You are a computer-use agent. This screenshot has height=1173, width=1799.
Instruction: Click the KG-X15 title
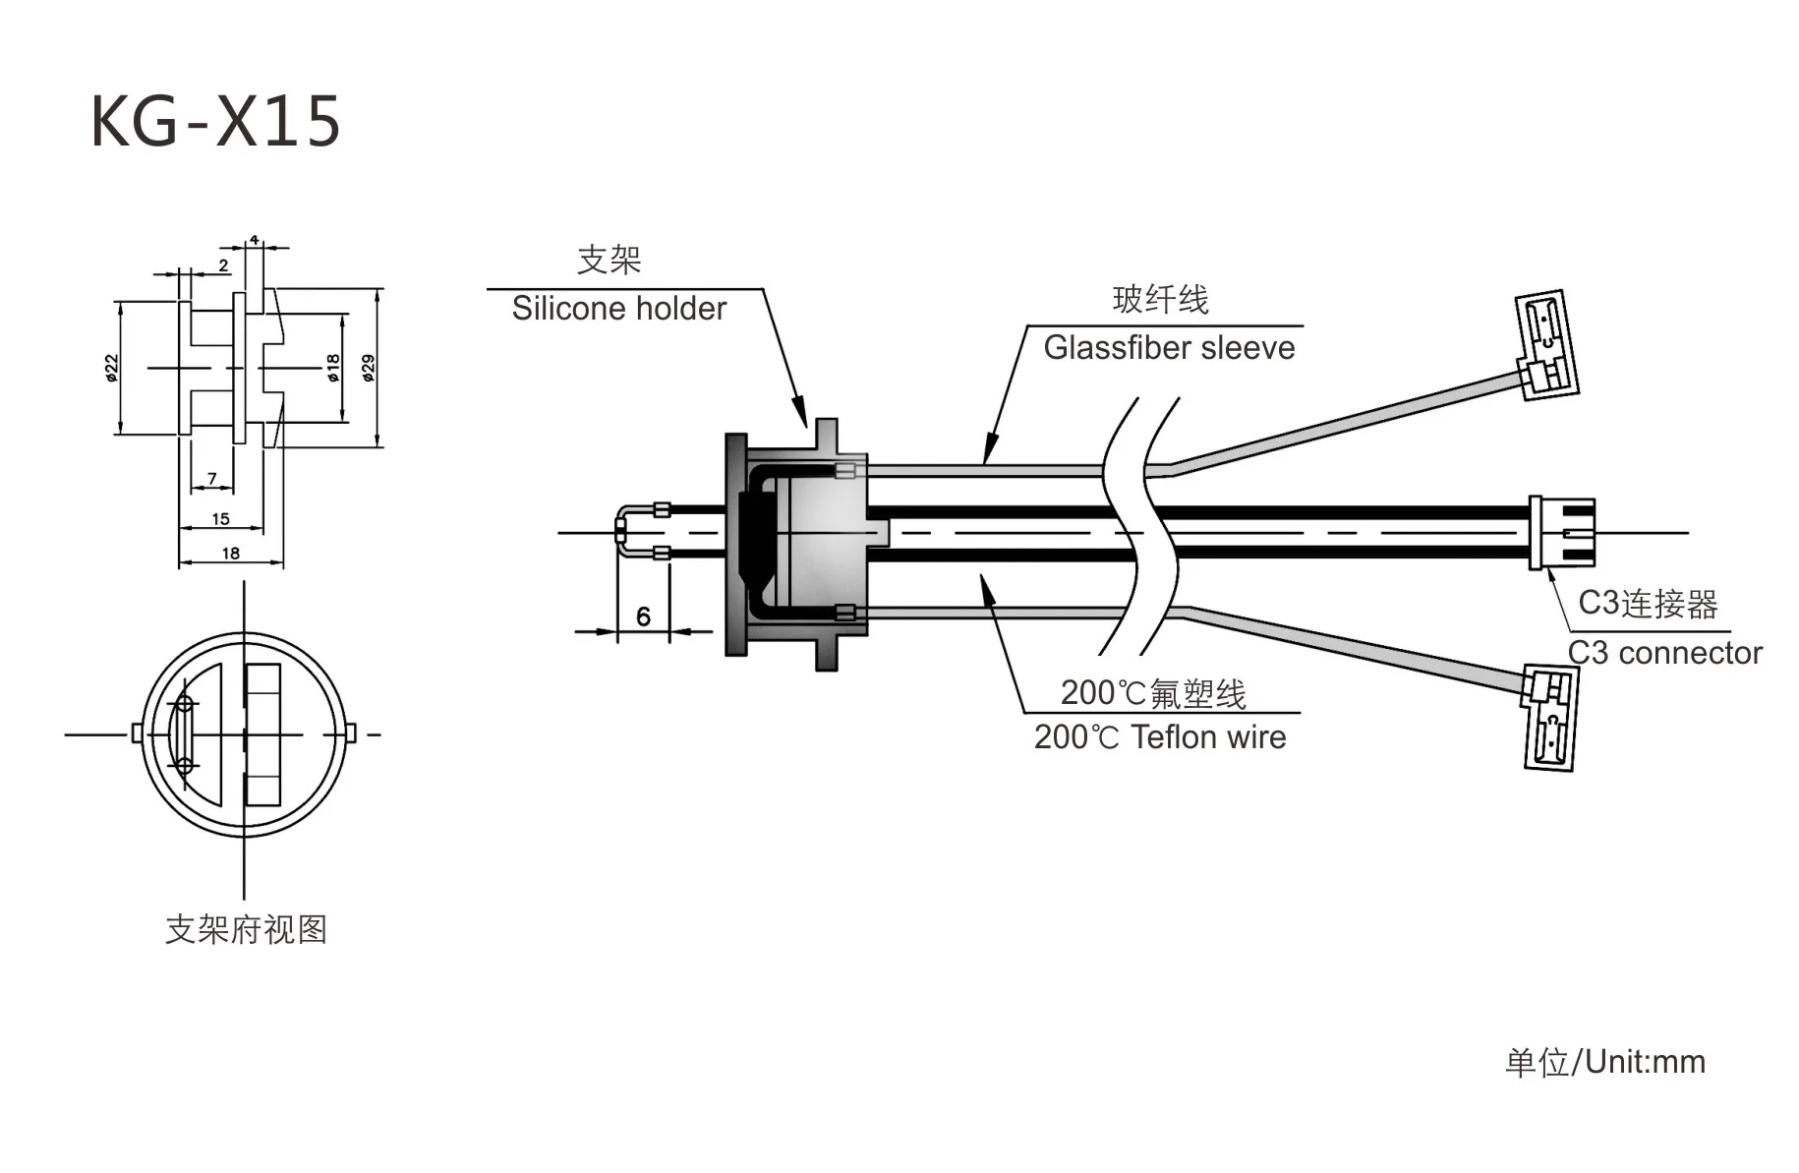click(215, 122)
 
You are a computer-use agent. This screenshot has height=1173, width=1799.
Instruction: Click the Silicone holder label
click(618, 309)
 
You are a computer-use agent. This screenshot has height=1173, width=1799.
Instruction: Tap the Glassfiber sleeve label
click(1169, 348)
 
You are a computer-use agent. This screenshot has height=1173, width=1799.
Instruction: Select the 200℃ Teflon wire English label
click(1160, 737)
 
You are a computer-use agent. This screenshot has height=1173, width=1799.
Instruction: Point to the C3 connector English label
click(1664, 653)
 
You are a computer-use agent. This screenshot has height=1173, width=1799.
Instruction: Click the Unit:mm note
click(1605, 1062)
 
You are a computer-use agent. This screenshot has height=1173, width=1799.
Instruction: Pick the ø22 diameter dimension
click(112, 368)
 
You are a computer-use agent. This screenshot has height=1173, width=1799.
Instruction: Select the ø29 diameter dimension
click(369, 368)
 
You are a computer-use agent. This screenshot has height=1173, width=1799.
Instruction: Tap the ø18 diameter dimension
click(333, 368)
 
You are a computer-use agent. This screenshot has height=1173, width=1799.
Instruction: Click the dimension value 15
click(220, 518)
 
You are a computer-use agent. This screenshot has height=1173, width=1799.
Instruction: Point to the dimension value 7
click(212, 479)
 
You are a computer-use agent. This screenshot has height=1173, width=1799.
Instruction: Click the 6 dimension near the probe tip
click(643, 616)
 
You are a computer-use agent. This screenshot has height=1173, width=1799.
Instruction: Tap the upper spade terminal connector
click(1548, 344)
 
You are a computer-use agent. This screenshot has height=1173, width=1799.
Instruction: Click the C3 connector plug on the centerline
click(1561, 533)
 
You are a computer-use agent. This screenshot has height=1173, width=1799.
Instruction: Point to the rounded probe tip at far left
click(623, 532)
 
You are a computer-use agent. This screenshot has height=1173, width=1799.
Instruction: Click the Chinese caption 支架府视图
click(246, 929)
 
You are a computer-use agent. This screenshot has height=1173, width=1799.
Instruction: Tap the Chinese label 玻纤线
click(1160, 300)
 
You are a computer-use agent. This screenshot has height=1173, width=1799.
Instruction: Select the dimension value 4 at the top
click(254, 240)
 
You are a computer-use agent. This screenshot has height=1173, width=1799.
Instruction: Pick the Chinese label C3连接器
click(1648, 604)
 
